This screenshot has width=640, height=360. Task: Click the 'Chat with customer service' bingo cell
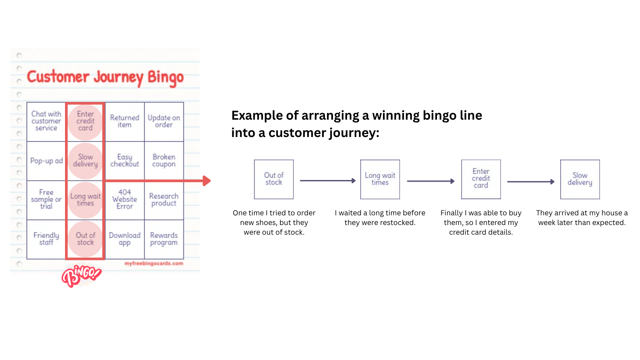coord(46,121)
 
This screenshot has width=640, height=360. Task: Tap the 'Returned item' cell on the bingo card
coord(125,121)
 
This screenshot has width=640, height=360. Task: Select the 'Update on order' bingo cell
coord(164,121)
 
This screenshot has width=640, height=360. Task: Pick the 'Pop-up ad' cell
coord(46,161)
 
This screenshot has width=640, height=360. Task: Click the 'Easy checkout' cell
coord(125,161)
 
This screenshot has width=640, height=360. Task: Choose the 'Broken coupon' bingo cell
coord(164,161)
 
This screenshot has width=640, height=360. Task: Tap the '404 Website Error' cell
coord(125,200)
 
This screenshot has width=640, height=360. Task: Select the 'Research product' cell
coord(164,200)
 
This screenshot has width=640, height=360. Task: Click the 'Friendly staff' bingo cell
coord(46,239)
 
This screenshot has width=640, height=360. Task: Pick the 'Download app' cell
coord(125,239)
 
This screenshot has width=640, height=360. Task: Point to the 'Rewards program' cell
coord(164,239)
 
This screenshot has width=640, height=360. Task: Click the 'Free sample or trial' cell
coord(46,200)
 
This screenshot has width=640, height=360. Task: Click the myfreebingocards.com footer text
coord(154,263)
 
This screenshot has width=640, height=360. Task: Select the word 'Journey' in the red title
coord(119,77)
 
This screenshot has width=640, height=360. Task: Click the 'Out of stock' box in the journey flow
coord(274,179)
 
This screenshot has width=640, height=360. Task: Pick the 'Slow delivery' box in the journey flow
coord(580,179)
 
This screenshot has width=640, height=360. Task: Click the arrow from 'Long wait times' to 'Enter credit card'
coord(431,181)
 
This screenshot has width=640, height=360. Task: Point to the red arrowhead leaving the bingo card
coord(207,181)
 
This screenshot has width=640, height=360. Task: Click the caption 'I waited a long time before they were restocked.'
coord(380,218)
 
